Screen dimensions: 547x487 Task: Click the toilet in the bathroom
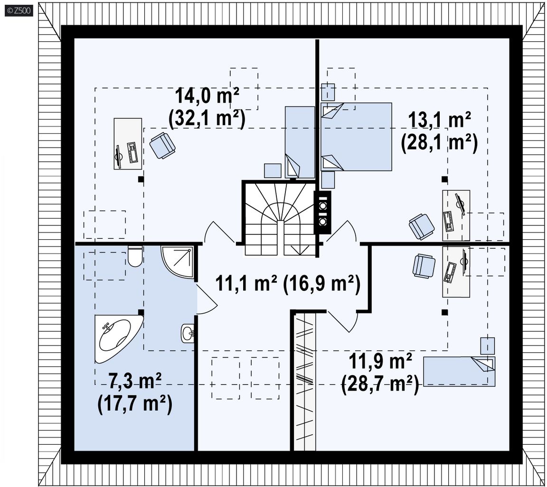(135, 256)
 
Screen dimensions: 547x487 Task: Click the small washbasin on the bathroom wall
(188, 334)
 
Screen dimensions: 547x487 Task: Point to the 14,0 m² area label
(207, 96)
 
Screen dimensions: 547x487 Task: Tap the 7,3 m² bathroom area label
(135, 381)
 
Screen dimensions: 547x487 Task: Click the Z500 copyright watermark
(19, 10)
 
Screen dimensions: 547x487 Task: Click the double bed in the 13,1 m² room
(356, 136)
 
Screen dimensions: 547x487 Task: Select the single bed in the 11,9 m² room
(459, 371)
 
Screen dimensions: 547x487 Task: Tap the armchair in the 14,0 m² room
(162, 145)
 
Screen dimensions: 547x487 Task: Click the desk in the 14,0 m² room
(128, 144)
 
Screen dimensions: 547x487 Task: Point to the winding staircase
(280, 219)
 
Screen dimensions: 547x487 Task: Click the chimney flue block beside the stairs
(322, 212)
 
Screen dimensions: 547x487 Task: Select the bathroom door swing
(207, 300)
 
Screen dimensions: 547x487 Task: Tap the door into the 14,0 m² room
(219, 232)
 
